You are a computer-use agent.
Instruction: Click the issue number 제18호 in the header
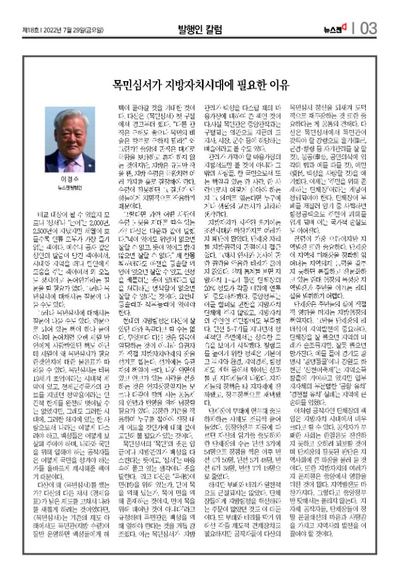pyautogui.click(x=29, y=28)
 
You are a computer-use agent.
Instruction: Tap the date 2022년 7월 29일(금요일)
pyautogui.click(x=66, y=28)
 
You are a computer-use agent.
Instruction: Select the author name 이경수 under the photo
pyautogui.click(x=70, y=194)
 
